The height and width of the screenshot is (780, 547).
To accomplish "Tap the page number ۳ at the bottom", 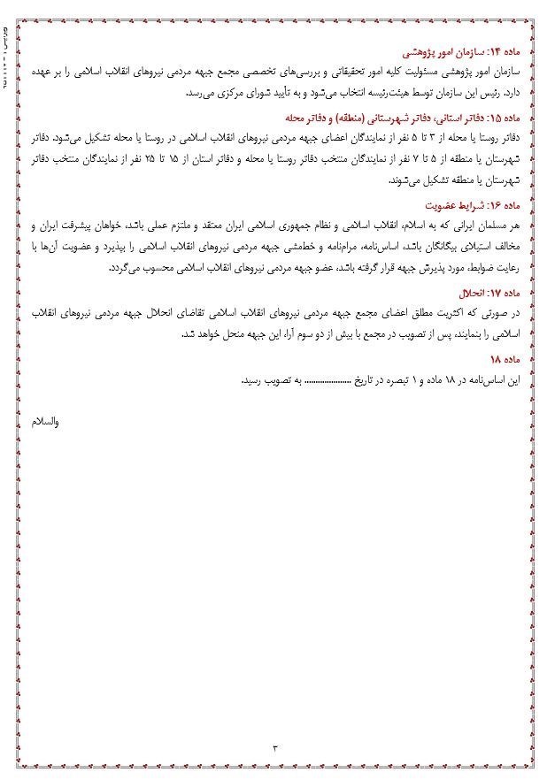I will coord(275,747).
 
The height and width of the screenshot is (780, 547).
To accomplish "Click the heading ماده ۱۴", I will coord(506,51).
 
